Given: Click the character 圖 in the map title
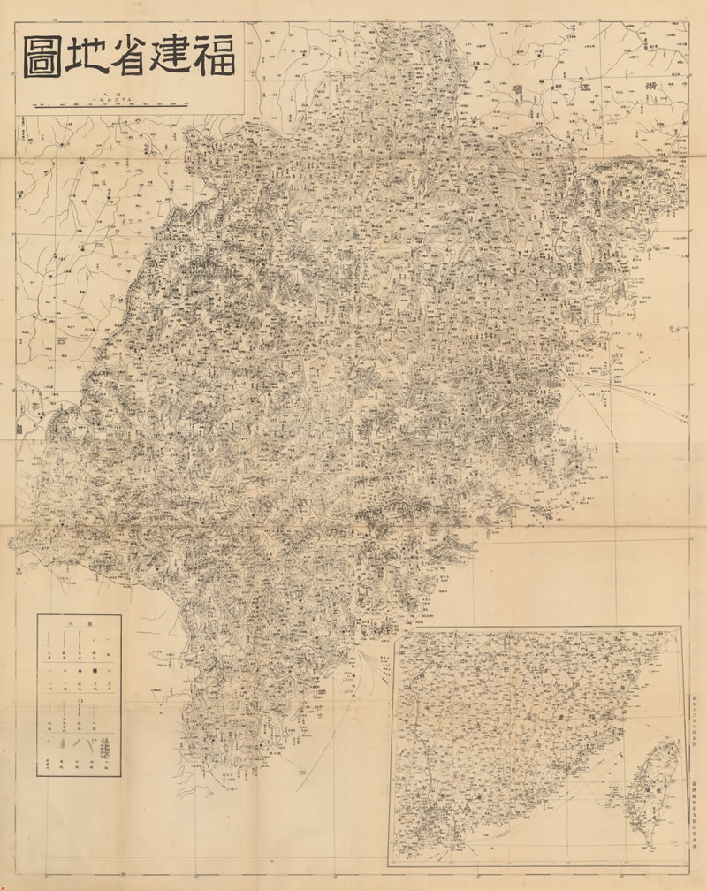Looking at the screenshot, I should tap(46, 58).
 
